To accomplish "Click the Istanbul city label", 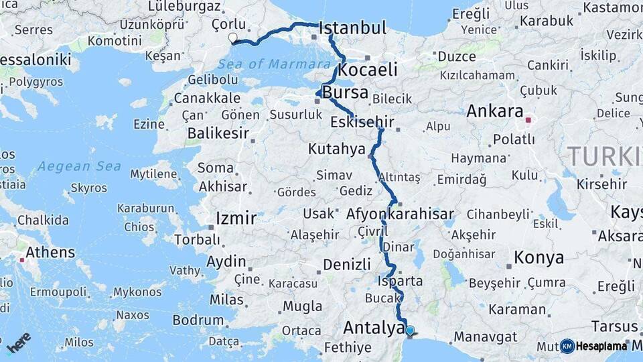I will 353,29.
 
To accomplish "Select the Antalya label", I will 373,328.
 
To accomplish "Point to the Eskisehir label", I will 362,123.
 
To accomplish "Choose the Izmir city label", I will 236,219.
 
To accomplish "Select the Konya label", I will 539,257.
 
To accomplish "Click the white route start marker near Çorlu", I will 232,38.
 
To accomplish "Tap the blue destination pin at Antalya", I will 410,330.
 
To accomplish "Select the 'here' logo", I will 19,343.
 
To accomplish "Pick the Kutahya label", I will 336,149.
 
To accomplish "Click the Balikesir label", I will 218,133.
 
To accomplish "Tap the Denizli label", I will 347,264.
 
